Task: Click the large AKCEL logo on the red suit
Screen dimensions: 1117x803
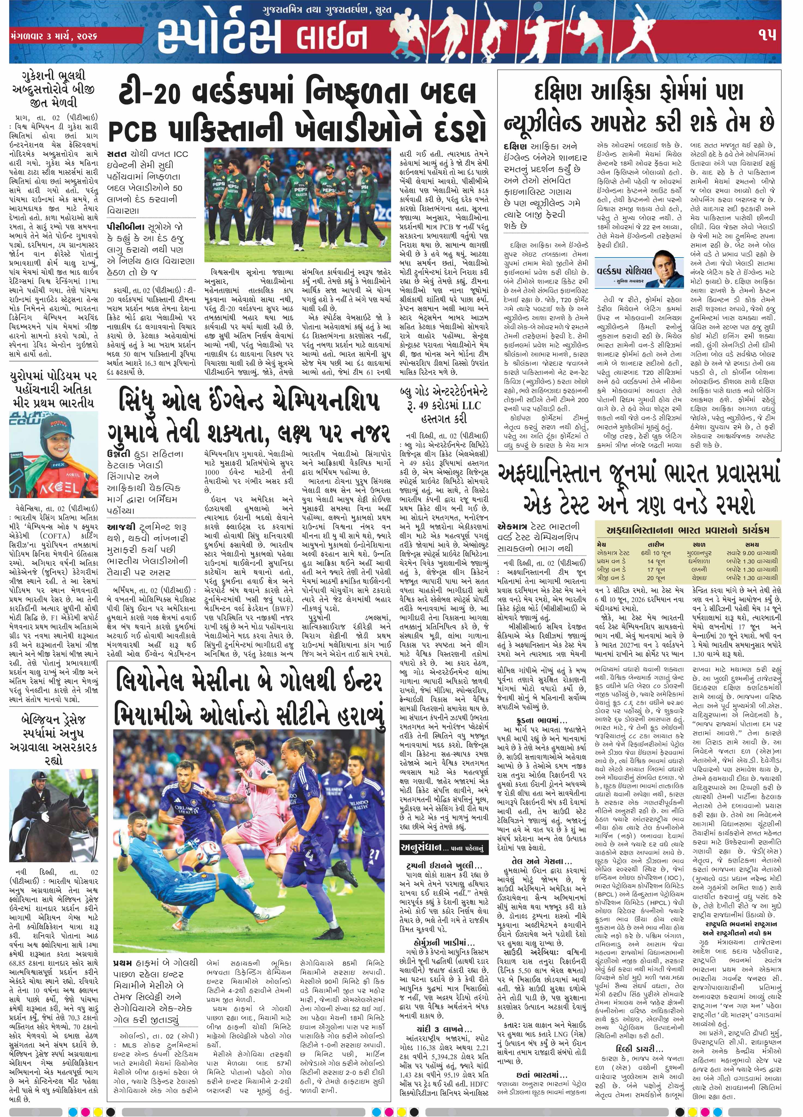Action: pyautogui.click(x=54, y=488)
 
